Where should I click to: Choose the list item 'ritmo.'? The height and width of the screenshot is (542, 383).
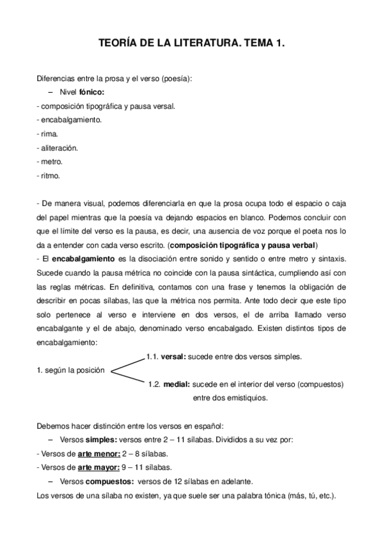coord(49,176)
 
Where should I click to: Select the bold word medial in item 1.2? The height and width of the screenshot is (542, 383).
coord(175,385)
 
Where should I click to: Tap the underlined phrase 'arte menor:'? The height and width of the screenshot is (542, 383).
coord(98,454)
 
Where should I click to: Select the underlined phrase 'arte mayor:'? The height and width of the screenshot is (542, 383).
coord(98,467)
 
